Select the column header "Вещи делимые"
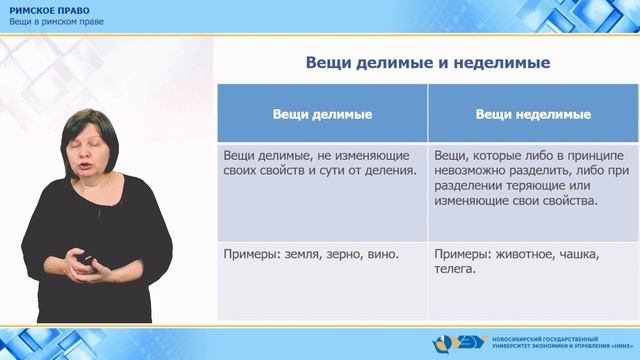coord(323,115)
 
